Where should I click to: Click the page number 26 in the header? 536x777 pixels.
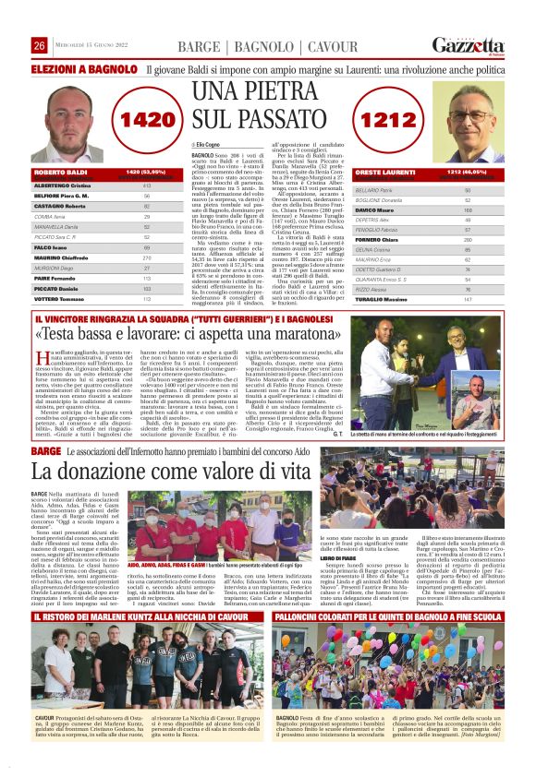coord(40,46)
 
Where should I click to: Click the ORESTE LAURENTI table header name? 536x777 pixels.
coord(384,173)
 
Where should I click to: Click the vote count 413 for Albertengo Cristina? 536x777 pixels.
coord(147,185)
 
